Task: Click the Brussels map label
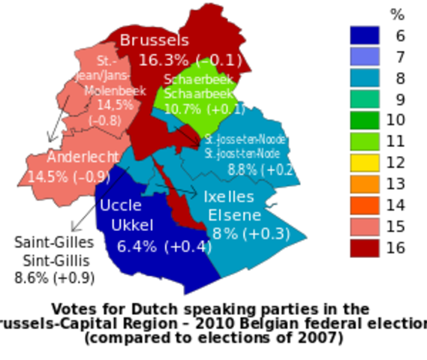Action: tap(155, 40)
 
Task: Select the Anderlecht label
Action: tap(83, 157)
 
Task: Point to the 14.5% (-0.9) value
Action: tap(69, 177)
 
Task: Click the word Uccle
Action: tap(120, 205)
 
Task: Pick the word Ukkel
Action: tap(132, 224)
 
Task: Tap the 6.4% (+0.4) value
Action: tap(164, 245)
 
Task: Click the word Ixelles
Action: tap(229, 196)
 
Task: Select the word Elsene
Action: tap(234, 215)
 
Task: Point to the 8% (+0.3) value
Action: tap(251, 233)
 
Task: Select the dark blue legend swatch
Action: tap(365, 34)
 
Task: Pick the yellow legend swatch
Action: tap(365, 163)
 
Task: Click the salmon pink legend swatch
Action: tap(365, 227)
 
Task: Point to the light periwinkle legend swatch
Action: tap(365, 55)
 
